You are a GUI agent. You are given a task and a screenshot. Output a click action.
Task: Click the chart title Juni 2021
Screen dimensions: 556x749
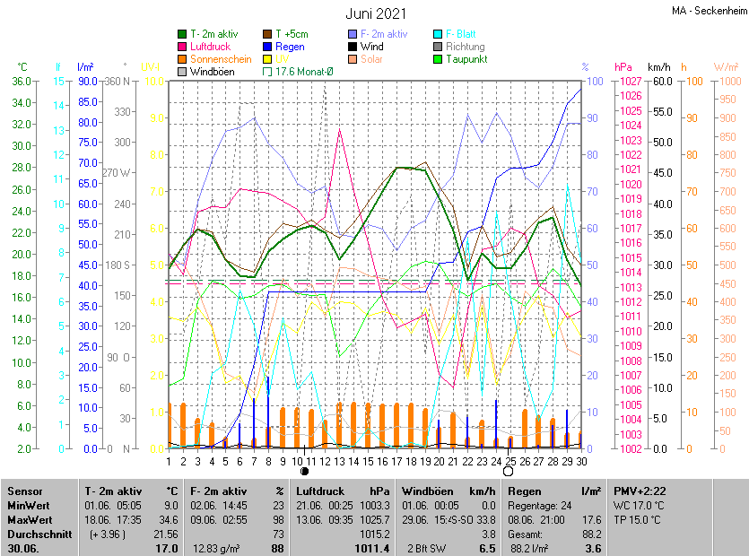[x=376, y=13]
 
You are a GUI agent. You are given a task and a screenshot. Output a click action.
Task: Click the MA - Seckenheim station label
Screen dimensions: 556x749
[x=708, y=12]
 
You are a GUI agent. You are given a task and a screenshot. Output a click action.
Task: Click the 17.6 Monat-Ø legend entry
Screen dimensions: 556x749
[x=297, y=72]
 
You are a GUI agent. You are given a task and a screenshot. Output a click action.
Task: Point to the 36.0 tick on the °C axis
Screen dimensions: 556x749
[x=21, y=82]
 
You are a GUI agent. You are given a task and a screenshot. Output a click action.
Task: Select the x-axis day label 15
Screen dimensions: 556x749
[x=354, y=462]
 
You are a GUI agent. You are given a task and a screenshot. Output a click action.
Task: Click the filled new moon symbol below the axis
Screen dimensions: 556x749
[x=304, y=471]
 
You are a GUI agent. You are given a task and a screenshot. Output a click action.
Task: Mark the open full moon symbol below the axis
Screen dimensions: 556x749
[x=509, y=471]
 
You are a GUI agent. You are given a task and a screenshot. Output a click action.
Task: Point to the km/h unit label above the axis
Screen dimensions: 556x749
[x=659, y=67]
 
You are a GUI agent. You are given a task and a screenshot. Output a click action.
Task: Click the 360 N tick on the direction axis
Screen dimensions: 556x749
[x=118, y=82]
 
